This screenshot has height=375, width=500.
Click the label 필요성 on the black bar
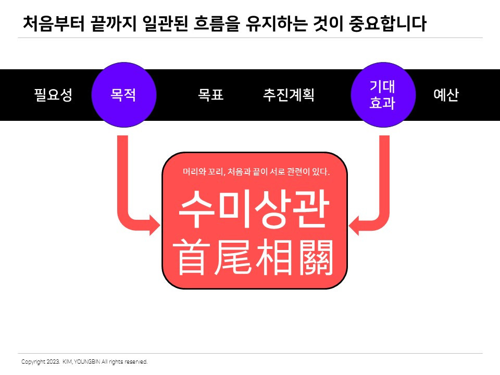coord(53,95)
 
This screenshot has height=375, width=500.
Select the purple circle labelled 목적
coord(123,95)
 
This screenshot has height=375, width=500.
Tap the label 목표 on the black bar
coord(211,95)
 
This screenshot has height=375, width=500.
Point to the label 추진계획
coord(289,95)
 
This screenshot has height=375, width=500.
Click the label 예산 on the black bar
coord(446,95)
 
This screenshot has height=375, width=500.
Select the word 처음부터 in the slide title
coord(53,23)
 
